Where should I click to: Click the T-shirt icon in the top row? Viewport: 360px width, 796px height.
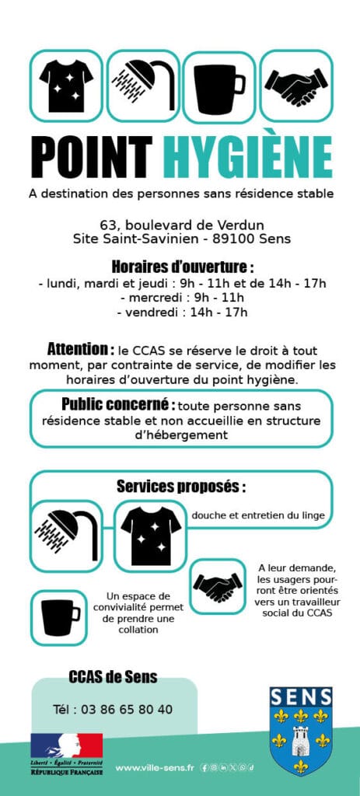(66, 86)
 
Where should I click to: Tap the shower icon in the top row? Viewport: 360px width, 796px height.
(143, 86)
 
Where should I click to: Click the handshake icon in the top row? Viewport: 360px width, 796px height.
(295, 86)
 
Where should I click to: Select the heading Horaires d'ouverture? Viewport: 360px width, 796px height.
(182, 265)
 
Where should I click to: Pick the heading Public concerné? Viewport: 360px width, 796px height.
(117, 404)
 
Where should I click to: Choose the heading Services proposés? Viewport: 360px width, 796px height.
(180, 487)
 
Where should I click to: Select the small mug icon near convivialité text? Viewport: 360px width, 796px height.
(58, 617)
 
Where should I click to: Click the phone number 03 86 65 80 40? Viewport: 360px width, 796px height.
(113, 710)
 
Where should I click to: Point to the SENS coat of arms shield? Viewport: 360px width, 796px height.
(300, 731)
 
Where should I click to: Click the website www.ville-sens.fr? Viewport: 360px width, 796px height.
(155, 769)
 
